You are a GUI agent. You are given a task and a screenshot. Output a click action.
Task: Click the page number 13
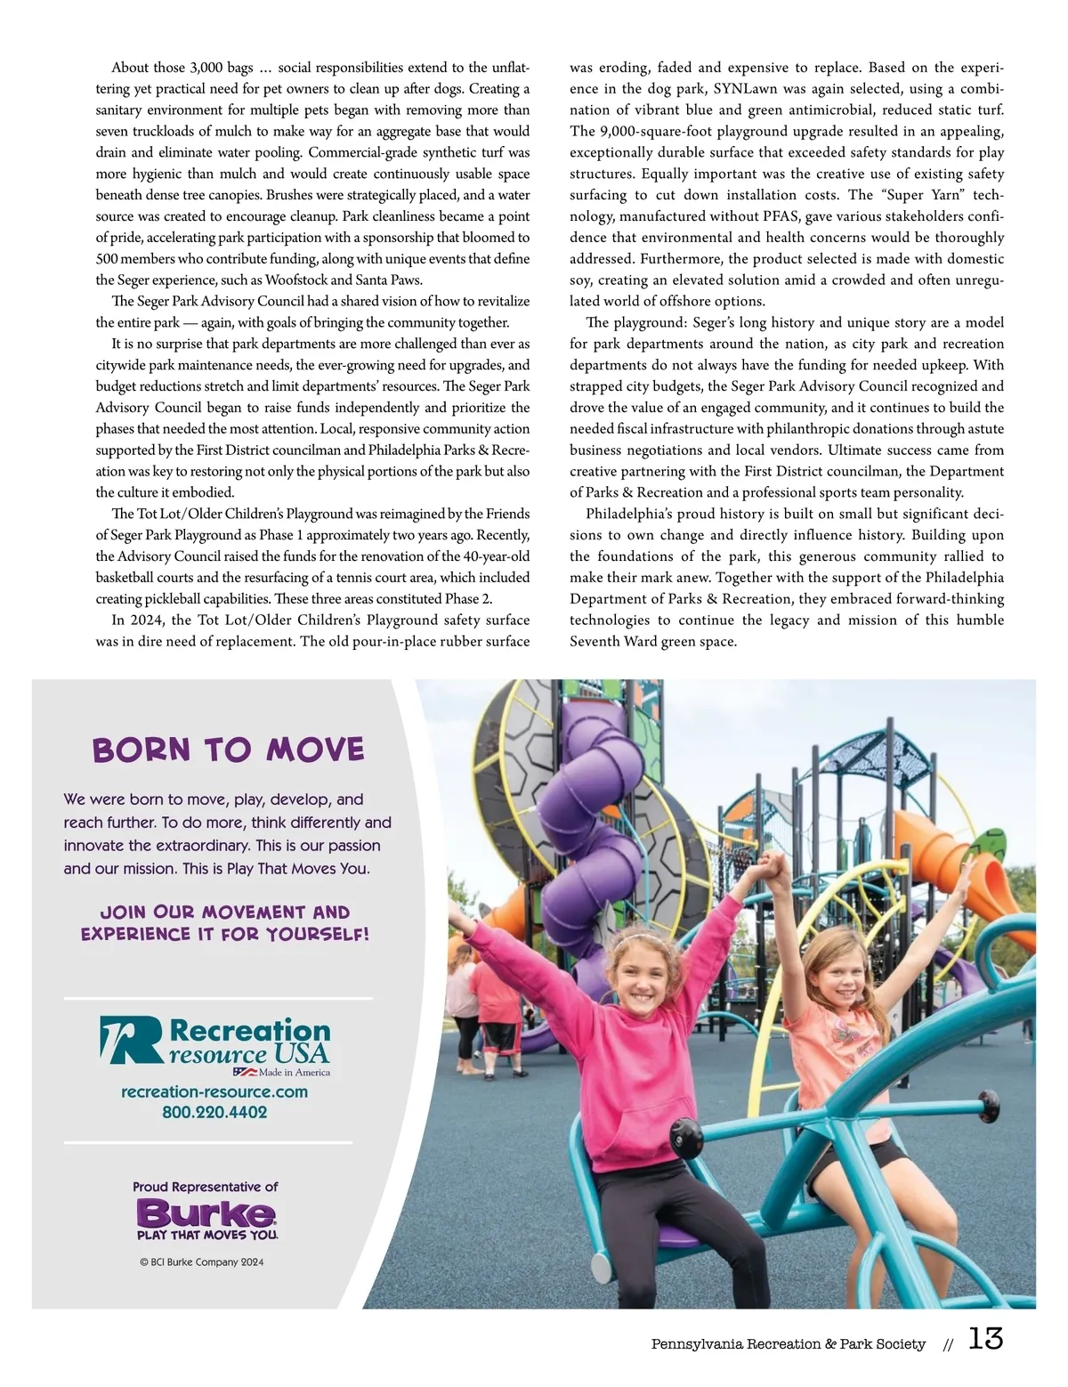click(985, 1338)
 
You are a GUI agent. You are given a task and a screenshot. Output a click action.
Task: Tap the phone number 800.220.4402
click(214, 1112)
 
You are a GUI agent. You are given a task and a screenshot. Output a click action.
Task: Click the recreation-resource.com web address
click(214, 1091)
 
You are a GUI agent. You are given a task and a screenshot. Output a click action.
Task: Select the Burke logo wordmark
click(206, 1213)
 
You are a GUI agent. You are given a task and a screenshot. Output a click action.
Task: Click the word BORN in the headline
click(142, 750)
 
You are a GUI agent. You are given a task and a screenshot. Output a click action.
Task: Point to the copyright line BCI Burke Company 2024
click(202, 1261)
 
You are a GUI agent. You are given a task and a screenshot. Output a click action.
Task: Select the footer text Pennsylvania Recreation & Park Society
click(788, 1343)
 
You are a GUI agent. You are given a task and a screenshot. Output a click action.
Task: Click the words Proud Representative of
click(206, 1187)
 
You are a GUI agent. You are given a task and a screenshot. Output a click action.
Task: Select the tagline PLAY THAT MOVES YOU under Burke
click(207, 1235)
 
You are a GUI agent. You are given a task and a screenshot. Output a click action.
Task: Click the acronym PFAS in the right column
click(780, 216)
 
